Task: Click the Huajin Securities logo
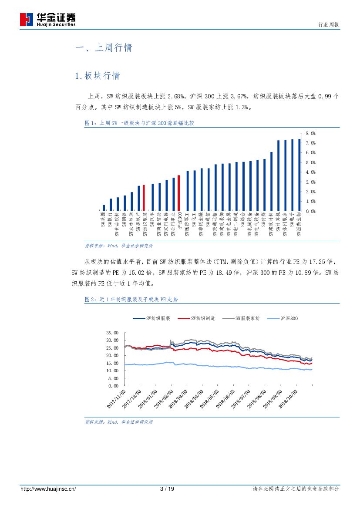(x=48, y=19)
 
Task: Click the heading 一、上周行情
(x=104, y=48)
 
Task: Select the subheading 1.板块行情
(x=98, y=76)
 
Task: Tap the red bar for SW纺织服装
(x=144, y=198)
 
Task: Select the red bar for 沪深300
(x=178, y=193)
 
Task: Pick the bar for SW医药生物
(x=299, y=175)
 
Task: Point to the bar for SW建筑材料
(x=271, y=182)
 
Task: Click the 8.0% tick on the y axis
(x=310, y=133)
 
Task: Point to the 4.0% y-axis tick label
(x=310, y=172)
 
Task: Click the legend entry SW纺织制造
(x=198, y=319)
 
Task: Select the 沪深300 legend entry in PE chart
(x=284, y=319)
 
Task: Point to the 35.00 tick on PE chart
(x=112, y=333)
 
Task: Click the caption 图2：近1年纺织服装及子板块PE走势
(x=131, y=300)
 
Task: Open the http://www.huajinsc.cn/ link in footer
(x=48, y=489)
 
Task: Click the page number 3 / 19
(x=167, y=489)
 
